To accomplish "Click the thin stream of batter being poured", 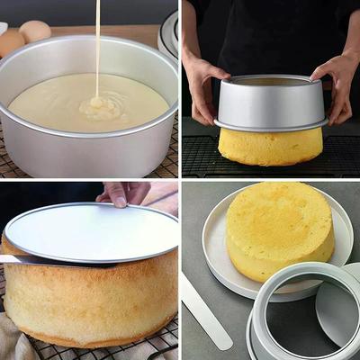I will [97, 45].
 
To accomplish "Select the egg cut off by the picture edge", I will [8, 41].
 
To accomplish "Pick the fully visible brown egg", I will [35, 31].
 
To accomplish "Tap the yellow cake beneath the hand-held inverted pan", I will [270, 146].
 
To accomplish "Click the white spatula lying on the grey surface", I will [205, 310].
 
